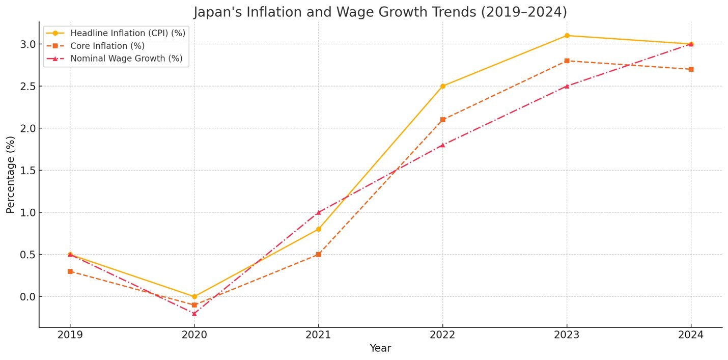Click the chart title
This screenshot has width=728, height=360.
pos(380,12)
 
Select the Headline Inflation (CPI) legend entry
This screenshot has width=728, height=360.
pos(127,33)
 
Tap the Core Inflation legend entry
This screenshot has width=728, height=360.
pos(107,46)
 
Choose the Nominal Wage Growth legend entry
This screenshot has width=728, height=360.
pos(126,59)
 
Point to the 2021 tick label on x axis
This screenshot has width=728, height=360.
pos(318,335)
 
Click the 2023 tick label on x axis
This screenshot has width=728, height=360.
pos(567,335)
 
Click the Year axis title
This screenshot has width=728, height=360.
pos(380,348)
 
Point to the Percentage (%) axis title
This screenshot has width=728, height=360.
pos(11,174)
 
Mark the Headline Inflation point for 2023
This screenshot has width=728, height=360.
pos(567,36)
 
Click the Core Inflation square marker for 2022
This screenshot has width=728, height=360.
pos(442,120)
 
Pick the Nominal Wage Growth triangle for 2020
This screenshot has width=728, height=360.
pos(194,313)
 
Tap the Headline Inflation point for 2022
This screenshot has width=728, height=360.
pos(442,86)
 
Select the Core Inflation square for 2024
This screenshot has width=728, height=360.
pos(691,69)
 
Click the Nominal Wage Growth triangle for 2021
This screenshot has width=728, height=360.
pos(318,212)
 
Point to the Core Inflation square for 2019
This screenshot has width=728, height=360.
pos(70,271)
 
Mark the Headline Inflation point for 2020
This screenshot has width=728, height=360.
pos(194,296)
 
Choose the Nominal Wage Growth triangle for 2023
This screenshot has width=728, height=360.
pos(567,86)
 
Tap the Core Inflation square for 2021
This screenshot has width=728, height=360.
pos(318,254)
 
